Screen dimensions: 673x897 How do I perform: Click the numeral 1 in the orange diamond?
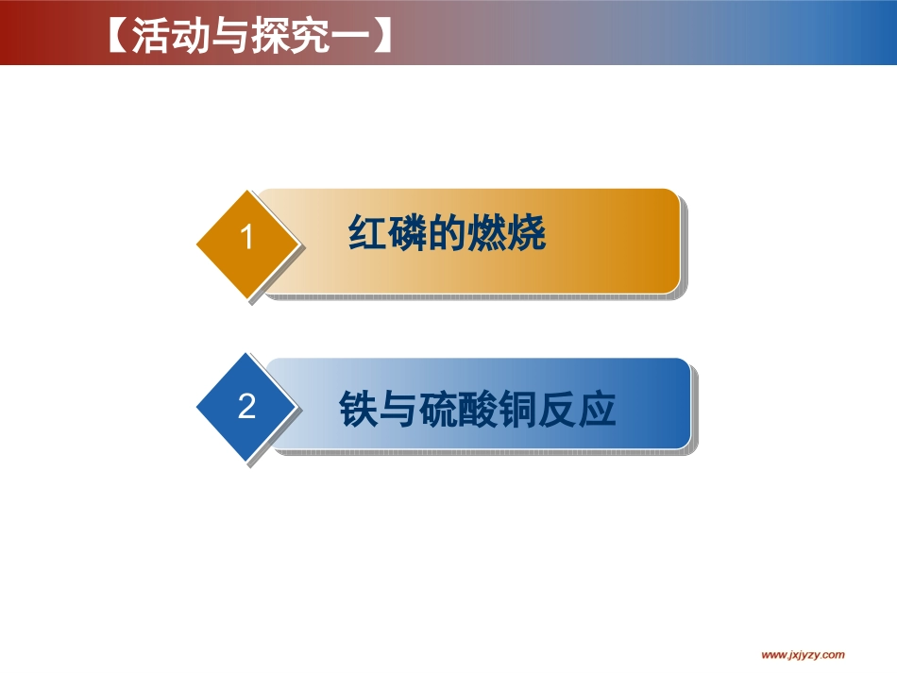(x=247, y=238)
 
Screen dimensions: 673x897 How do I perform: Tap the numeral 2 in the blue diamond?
(x=247, y=407)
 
